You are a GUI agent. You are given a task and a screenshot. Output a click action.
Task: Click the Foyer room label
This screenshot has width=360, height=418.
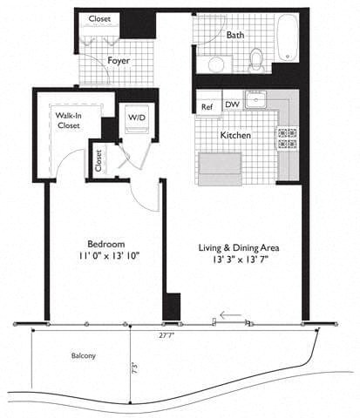point(119,60)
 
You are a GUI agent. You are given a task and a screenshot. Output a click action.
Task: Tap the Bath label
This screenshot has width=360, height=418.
point(235,36)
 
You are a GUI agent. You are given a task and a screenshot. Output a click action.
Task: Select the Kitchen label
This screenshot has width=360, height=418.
point(235,137)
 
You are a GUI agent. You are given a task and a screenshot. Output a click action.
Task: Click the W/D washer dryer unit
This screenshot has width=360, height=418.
point(137,118)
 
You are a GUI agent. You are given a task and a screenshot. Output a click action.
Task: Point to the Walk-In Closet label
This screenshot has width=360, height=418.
point(69,120)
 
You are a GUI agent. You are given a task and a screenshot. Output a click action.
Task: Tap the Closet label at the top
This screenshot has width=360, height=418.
point(99,18)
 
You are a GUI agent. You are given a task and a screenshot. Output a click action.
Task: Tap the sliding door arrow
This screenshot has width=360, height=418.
point(230,315)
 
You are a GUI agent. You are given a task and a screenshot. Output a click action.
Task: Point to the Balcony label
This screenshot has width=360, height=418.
point(84,356)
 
